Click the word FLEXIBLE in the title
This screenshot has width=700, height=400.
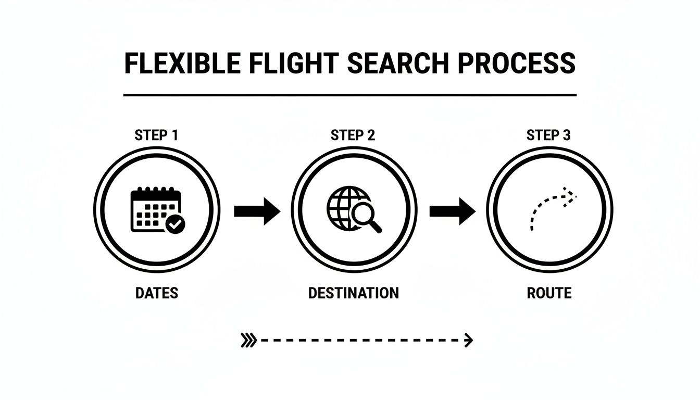tap(182, 63)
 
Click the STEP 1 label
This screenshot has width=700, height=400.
tap(156, 135)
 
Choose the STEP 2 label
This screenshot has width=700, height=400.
tap(353, 135)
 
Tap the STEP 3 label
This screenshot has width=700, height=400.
tap(548, 135)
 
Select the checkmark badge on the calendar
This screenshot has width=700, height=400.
tap(176, 224)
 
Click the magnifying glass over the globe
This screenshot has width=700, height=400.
tap(365, 215)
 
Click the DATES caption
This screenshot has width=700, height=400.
tap(156, 293)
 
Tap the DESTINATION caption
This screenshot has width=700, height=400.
tap(353, 293)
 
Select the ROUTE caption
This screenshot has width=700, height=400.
tap(549, 293)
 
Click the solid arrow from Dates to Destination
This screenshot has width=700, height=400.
tap(257, 210)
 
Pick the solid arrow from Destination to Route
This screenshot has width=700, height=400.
tap(452, 210)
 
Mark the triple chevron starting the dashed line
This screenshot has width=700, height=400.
tap(249, 341)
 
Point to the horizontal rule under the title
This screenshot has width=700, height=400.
tap(350, 95)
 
